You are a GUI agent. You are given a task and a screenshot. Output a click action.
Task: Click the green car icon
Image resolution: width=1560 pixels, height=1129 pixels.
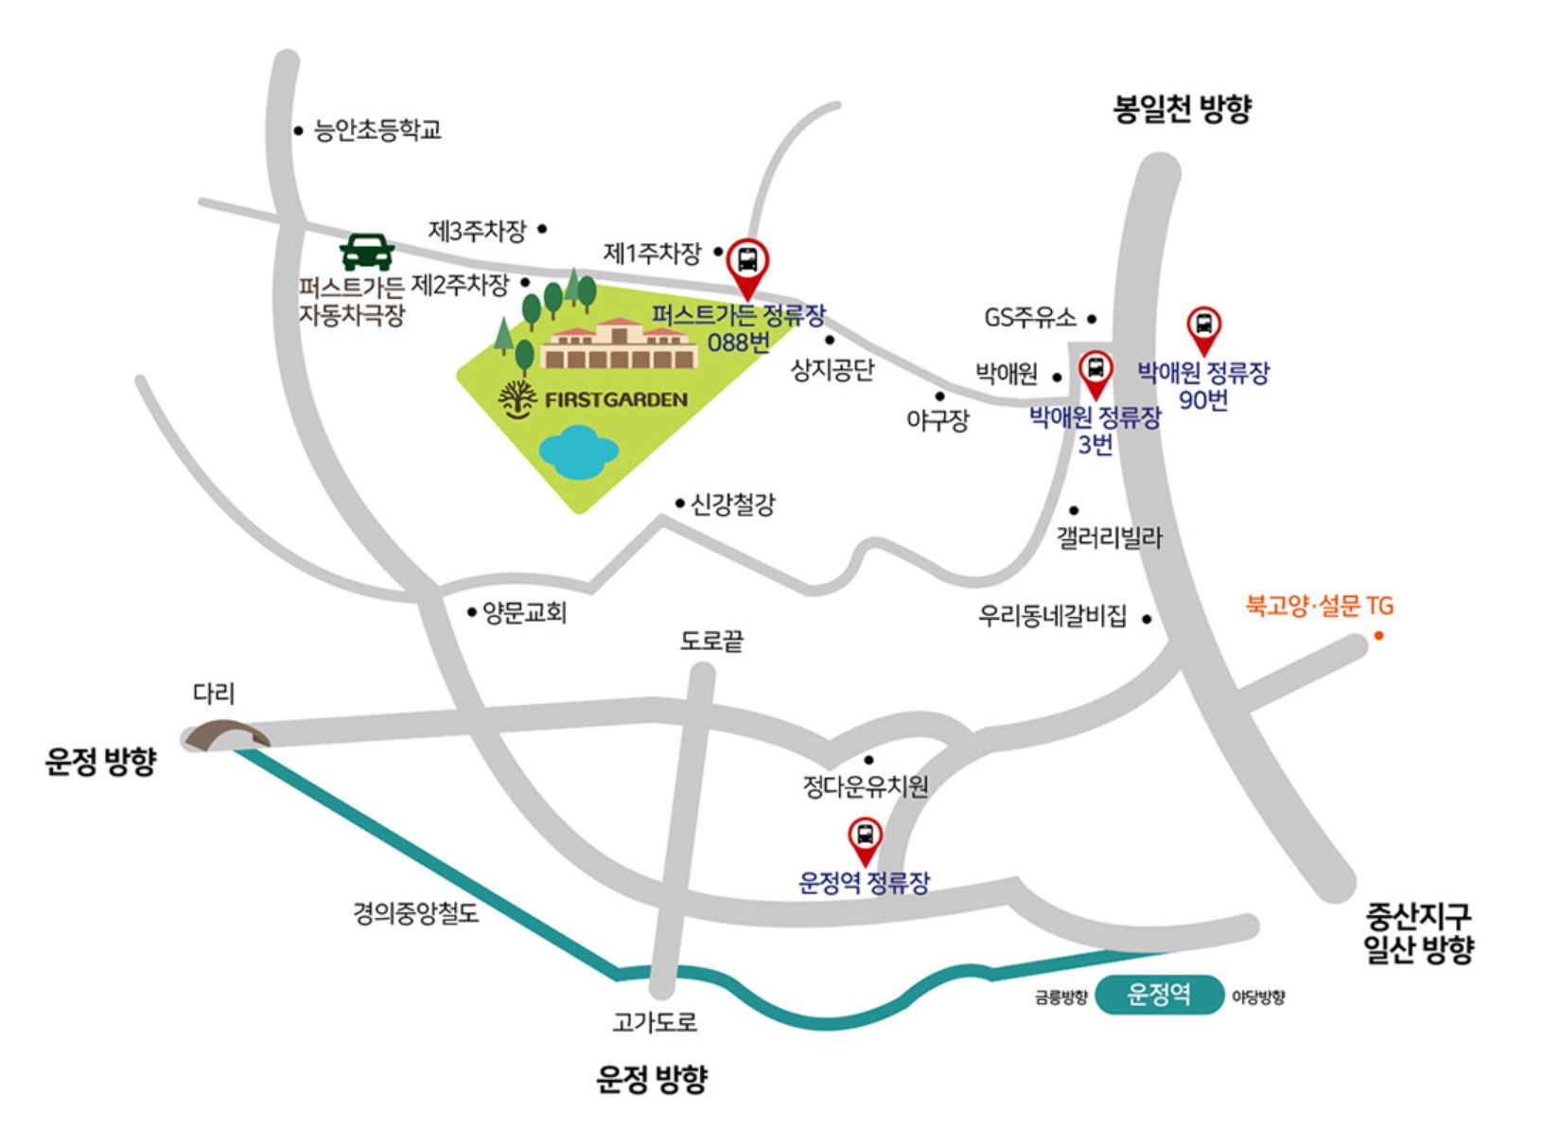(x=367, y=252)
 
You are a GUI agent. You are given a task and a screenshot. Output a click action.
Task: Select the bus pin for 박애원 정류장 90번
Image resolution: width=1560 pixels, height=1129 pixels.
(x=1203, y=326)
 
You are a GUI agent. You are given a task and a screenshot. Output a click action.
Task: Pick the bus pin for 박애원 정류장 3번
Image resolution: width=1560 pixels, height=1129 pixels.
(x=1096, y=369)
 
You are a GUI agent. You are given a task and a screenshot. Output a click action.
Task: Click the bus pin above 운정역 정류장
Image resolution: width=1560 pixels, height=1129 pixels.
(x=864, y=837)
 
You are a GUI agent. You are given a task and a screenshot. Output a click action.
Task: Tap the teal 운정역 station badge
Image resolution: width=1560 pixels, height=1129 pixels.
(x=1159, y=995)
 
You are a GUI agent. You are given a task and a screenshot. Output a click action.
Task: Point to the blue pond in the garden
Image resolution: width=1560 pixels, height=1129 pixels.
(x=578, y=450)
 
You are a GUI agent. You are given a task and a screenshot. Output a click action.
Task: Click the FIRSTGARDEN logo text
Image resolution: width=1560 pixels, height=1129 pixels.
(x=616, y=399)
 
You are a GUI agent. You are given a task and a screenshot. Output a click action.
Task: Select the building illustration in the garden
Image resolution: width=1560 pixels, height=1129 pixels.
(x=620, y=345)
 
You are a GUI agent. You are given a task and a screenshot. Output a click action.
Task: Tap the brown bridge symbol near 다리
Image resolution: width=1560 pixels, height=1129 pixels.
(x=225, y=735)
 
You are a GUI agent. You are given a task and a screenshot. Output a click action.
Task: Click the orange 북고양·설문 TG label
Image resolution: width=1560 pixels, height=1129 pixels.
(x=1319, y=606)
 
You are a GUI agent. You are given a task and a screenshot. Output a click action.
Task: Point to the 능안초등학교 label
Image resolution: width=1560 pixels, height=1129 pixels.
(x=377, y=130)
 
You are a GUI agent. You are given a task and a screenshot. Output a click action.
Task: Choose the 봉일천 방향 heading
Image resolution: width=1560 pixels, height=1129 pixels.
(x=1182, y=109)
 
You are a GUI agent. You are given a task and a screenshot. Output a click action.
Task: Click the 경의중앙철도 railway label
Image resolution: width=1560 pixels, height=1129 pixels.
(x=416, y=913)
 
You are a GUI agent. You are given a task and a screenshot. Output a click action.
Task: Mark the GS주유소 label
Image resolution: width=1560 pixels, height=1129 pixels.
(x=1030, y=318)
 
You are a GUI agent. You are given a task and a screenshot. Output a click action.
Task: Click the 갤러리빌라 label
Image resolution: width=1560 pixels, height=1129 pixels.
(x=1110, y=538)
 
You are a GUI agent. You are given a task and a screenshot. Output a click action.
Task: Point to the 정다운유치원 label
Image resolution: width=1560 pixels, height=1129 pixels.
(x=866, y=785)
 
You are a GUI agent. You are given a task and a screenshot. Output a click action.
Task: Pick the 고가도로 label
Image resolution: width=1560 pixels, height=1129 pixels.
(x=655, y=1022)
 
